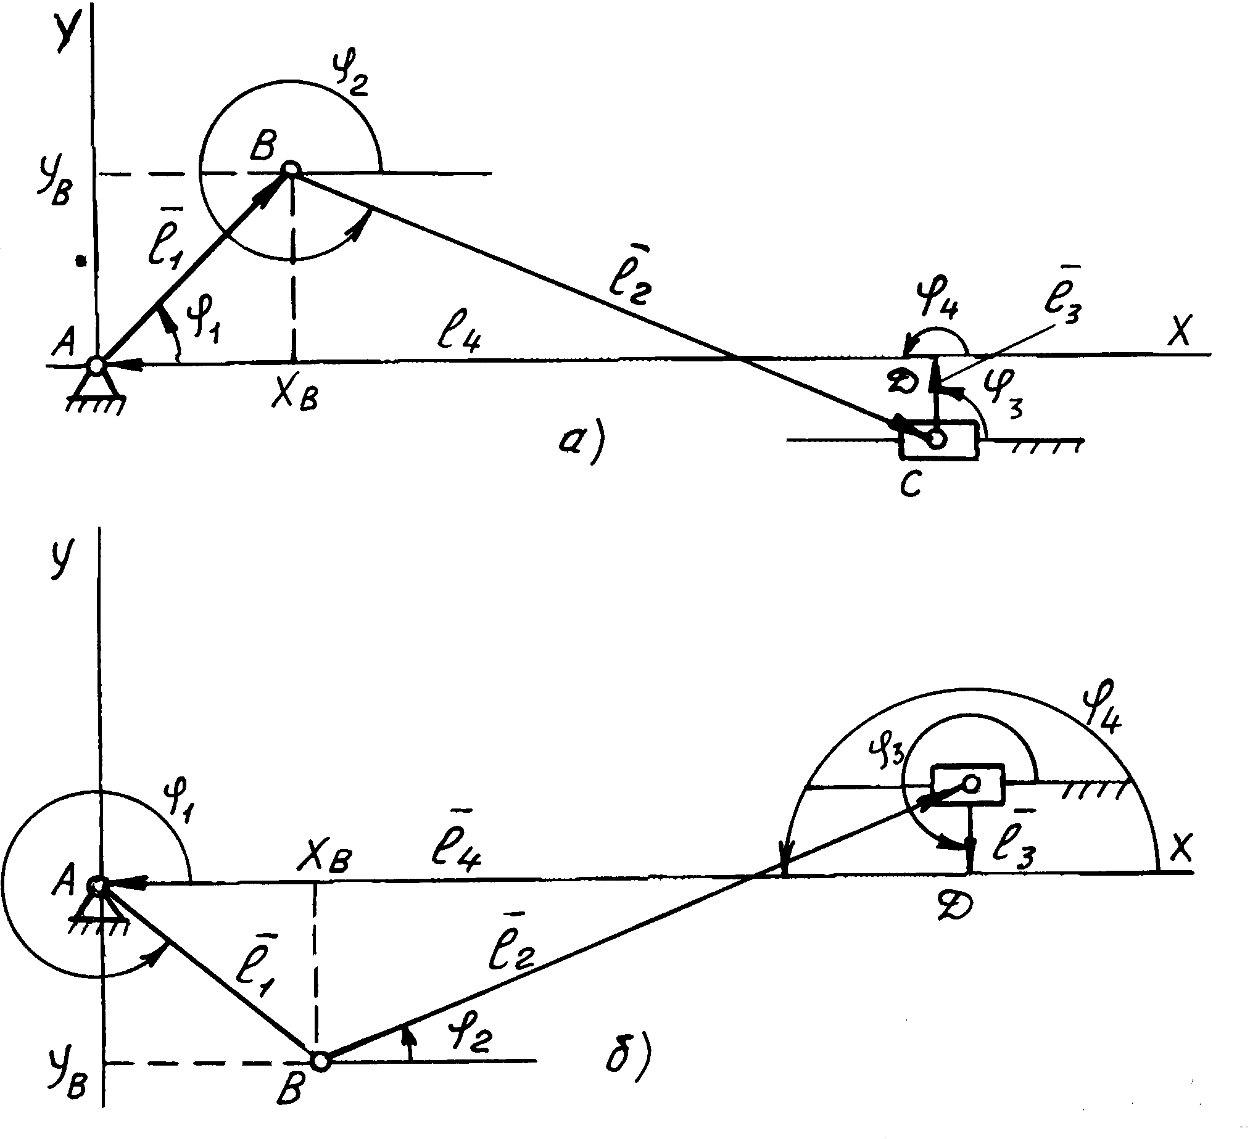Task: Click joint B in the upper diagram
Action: pyautogui.click(x=291, y=168)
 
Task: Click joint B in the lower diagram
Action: pyautogui.click(x=320, y=1061)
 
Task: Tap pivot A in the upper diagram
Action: pyautogui.click(x=96, y=365)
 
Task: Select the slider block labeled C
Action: pyautogui.click(x=938, y=440)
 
